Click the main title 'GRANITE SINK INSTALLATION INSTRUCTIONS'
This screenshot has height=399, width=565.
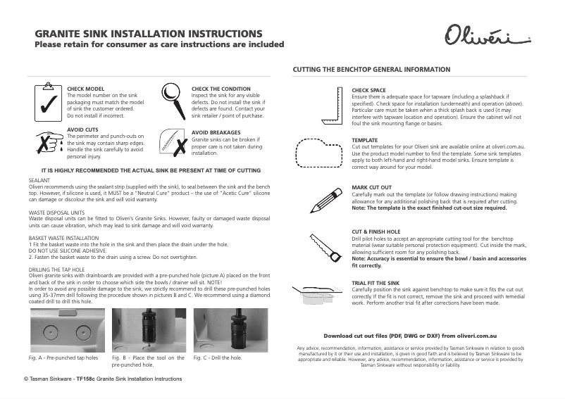coord(149,34)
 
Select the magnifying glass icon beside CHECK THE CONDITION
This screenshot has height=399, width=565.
coord(172,101)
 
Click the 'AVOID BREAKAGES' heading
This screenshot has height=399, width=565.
coord(216,132)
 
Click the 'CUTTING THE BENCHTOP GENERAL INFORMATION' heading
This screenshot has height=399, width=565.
coord(371,70)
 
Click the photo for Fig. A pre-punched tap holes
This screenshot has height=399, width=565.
coord(68,329)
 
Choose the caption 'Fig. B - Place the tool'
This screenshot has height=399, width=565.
coord(148,358)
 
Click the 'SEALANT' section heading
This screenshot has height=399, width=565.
coord(39,181)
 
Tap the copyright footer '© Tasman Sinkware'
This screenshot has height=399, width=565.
coord(103,379)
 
